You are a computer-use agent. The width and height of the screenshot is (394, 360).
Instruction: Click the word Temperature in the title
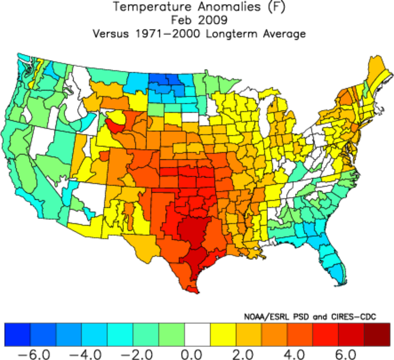[x=146, y=7]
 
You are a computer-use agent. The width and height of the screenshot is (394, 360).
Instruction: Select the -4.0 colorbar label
[x=81, y=353]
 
